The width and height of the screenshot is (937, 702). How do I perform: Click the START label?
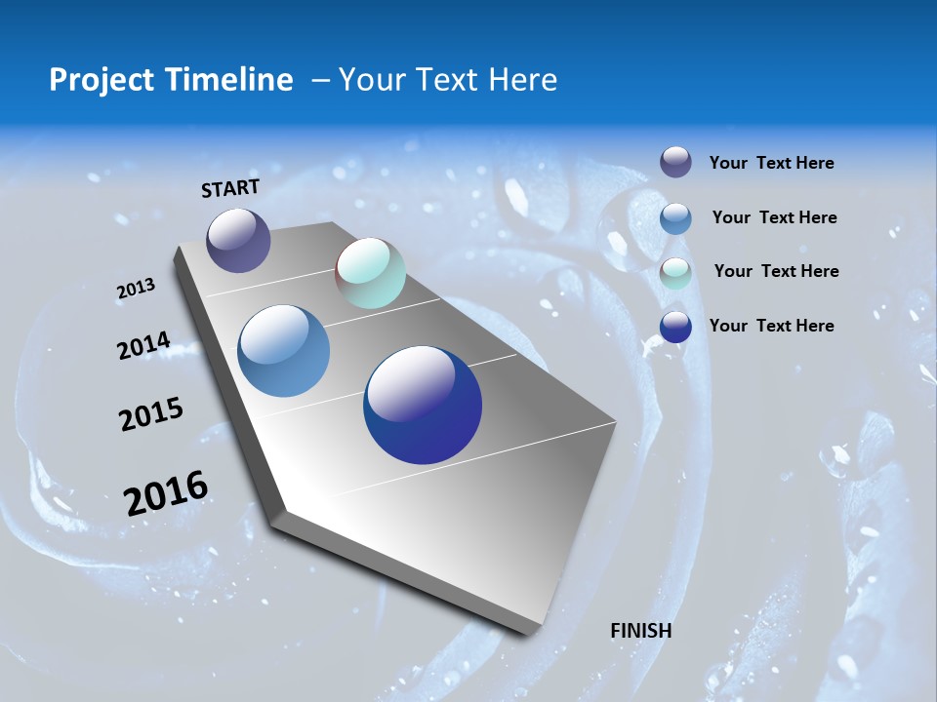[230, 188]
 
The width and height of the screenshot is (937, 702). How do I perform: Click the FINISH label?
[640, 631]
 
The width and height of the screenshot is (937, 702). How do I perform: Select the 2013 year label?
[136, 289]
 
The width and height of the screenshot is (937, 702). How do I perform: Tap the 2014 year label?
[143, 346]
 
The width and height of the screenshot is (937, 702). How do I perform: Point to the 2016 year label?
[166, 492]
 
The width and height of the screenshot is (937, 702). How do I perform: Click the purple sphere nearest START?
[238, 240]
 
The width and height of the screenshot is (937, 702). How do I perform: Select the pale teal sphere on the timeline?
[370, 273]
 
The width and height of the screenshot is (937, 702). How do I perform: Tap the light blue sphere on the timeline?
[283, 351]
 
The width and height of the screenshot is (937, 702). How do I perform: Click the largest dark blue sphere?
[423, 405]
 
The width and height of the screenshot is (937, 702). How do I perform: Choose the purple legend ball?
[675, 162]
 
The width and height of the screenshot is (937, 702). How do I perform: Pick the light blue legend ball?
[675, 218]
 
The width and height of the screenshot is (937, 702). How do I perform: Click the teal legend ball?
[675, 273]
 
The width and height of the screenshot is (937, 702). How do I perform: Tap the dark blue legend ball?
[675, 327]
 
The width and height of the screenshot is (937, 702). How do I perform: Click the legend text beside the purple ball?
[771, 163]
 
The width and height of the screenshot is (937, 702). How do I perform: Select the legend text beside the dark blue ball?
[771, 326]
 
